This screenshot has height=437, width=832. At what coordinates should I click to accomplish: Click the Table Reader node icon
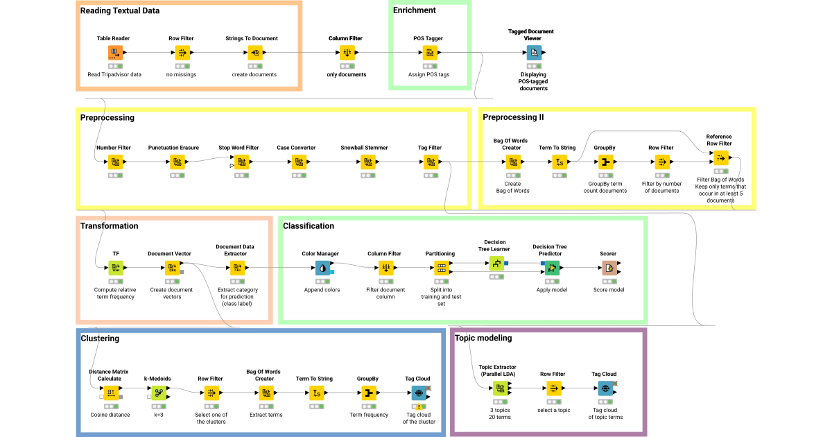(x=114, y=53)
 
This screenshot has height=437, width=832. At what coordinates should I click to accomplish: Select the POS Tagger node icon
(x=430, y=53)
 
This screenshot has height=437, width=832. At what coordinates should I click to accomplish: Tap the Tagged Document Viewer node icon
(x=534, y=53)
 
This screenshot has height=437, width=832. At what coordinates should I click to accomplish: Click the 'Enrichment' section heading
(x=414, y=11)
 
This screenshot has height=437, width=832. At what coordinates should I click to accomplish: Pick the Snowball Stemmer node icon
(x=365, y=162)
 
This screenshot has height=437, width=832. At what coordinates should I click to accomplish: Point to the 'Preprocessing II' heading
(x=513, y=117)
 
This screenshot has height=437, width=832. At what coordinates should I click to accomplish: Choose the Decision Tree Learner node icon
(x=496, y=263)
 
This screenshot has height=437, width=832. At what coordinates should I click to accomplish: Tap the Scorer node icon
(x=609, y=268)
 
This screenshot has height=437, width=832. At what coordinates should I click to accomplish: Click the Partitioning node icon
(x=441, y=268)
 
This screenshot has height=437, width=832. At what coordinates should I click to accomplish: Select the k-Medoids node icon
(x=158, y=393)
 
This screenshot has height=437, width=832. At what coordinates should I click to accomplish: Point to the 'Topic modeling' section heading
(x=483, y=338)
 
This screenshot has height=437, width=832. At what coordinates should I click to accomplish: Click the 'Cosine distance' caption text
(x=111, y=415)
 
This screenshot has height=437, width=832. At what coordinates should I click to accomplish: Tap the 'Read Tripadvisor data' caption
(x=114, y=74)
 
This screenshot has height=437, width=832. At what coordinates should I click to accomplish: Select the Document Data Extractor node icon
(x=237, y=268)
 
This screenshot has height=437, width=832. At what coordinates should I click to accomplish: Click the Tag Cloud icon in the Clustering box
(x=418, y=393)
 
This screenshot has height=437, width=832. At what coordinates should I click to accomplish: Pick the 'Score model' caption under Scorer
(x=608, y=289)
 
